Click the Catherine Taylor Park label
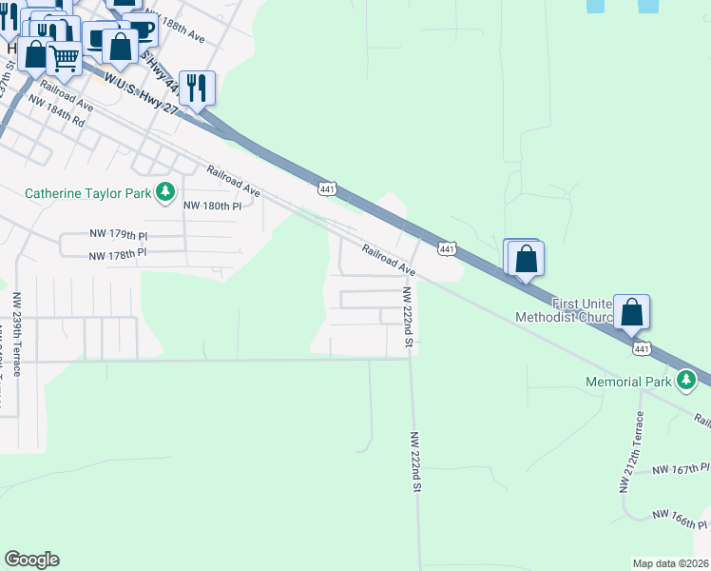[87, 193]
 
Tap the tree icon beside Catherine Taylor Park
[166, 192]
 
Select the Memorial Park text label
[627, 383]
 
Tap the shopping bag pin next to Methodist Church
[632, 312]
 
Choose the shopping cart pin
[64, 58]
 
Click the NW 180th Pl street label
[213, 206]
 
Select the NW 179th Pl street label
[118, 233]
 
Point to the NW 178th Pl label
[118, 254]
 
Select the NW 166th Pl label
[681, 519]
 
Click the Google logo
[31, 560]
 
